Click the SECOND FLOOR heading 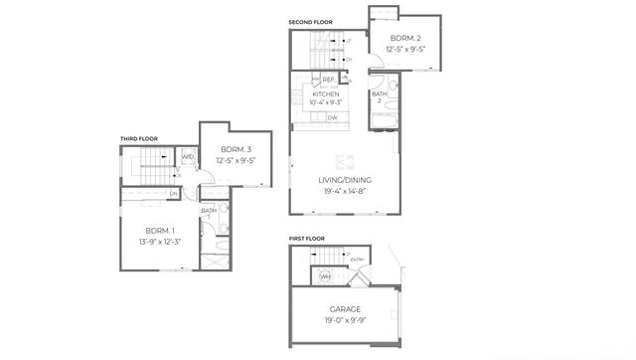point(310,22)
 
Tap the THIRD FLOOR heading point(139,139)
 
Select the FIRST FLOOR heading point(307,240)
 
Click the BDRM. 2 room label point(405,38)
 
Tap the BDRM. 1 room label point(159,231)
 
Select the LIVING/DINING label point(343,180)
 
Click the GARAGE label point(345,310)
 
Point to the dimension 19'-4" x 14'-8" point(343,190)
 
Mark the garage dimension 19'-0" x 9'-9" point(345,320)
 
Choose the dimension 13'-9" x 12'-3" point(159,241)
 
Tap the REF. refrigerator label point(328,79)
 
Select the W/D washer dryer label point(187,156)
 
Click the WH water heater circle point(325,276)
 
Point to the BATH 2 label point(379,96)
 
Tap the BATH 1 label point(209,213)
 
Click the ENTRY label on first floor point(358,260)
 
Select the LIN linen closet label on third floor point(173,193)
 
